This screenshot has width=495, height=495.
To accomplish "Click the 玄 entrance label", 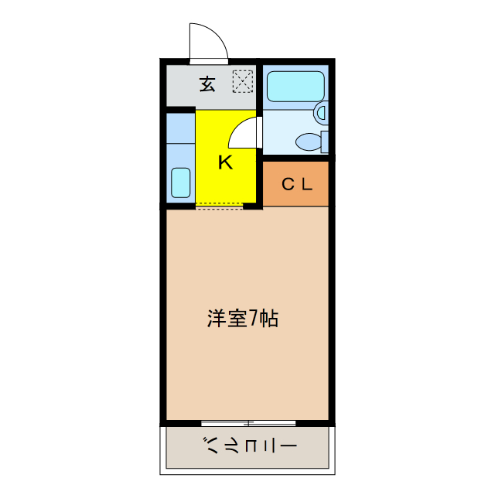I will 207,84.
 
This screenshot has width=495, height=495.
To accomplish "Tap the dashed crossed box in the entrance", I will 243,80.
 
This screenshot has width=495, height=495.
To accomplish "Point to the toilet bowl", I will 309,142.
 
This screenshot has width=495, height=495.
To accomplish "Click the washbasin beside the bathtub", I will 321,114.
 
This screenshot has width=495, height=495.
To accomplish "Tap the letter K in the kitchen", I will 225,162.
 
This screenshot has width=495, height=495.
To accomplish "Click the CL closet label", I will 296,184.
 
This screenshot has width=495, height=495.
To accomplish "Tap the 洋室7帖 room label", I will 242,318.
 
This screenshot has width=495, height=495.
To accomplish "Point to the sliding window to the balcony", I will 248,422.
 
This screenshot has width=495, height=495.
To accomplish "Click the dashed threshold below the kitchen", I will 220,207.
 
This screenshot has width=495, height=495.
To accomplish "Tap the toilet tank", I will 325,142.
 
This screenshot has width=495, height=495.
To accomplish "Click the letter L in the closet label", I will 306,184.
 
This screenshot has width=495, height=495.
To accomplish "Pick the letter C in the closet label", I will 285,184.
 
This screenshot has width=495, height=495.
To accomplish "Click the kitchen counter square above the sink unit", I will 180,128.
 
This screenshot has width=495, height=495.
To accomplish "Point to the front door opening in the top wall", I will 209,60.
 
